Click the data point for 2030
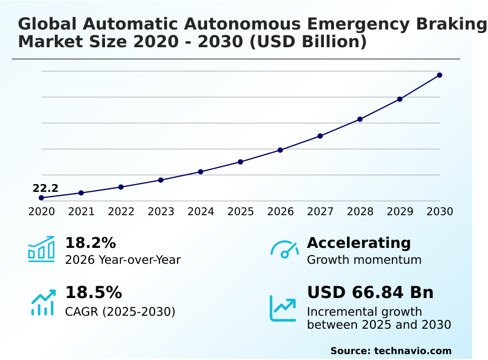click(x=440, y=75)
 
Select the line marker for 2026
click(x=280, y=150)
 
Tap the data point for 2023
click(x=161, y=180)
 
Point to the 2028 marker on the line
click(x=360, y=119)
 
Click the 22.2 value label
click(x=45, y=189)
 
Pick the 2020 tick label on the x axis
click(x=41, y=212)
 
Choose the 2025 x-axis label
click(x=241, y=212)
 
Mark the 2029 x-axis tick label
click(x=400, y=212)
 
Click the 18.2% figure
click(x=90, y=243)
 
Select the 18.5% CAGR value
click(x=93, y=293)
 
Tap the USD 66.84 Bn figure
click(x=370, y=293)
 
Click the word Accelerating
click(x=359, y=243)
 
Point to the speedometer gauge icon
click(x=284, y=250)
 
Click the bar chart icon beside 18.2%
click(x=41, y=250)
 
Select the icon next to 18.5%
click(x=42, y=302)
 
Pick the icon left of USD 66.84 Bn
click(x=283, y=308)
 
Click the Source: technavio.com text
click(x=391, y=351)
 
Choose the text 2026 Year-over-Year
click(x=123, y=260)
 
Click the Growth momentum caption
click(x=364, y=260)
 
